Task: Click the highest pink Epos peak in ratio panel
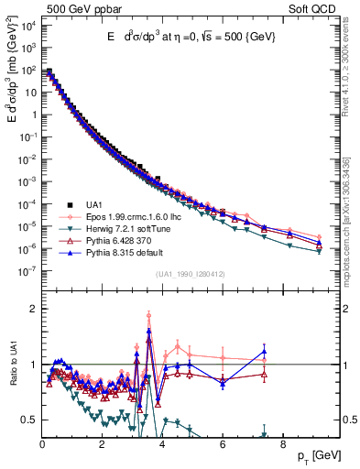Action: (148, 316)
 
